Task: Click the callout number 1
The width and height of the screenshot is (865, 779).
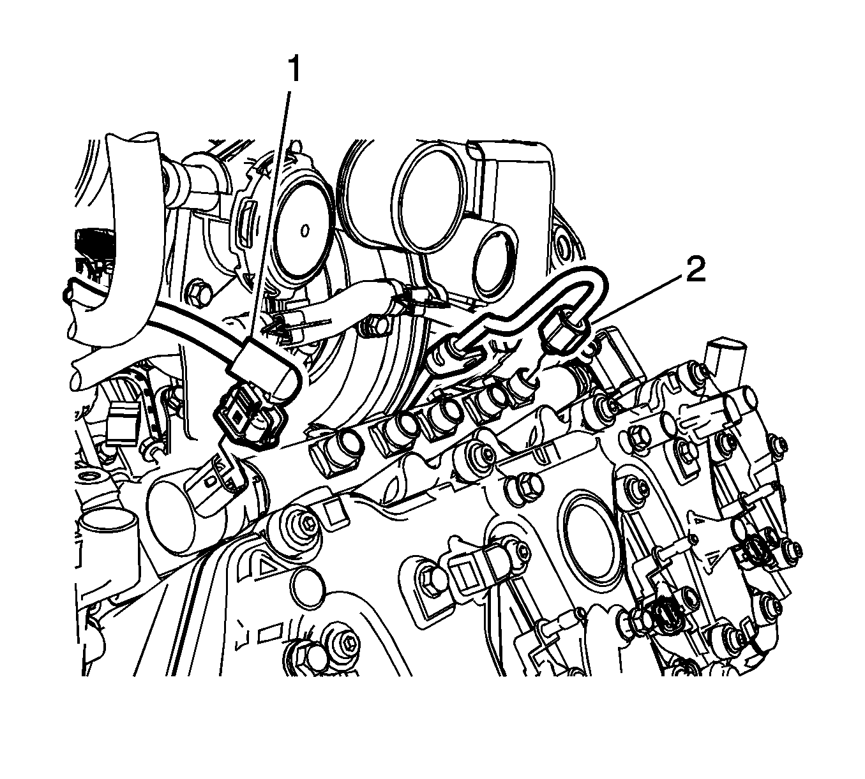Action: [x=294, y=69]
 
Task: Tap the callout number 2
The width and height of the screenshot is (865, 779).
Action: [x=696, y=269]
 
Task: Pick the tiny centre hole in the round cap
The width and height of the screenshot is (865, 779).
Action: [x=305, y=231]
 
